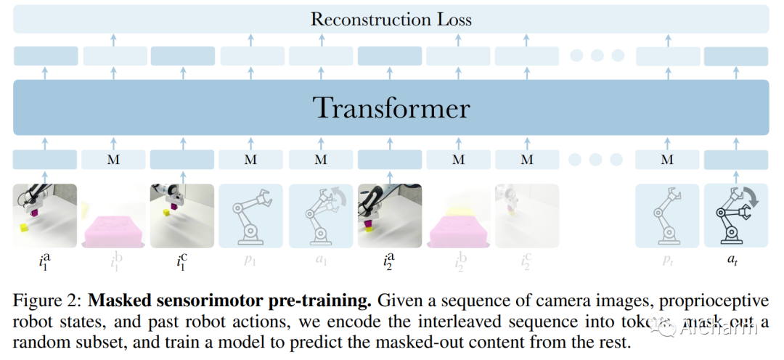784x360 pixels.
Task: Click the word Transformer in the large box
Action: (x=391, y=108)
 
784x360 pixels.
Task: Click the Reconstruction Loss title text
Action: (x=391, y=19)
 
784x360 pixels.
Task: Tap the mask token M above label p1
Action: (x=250, y=160)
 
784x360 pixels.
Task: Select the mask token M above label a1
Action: (x=320, y=160)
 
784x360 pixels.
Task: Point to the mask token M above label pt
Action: (x=666, y=160)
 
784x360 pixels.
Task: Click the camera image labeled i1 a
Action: (x=45, y=214)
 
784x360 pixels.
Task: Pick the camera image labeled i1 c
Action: (x=182, y=214)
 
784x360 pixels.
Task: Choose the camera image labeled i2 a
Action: (x=390, y=214)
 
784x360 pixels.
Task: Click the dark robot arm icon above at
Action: (x=736, y=214)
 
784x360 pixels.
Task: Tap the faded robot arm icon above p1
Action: (x=250, y=214)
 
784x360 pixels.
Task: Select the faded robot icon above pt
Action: (x=666, y=214)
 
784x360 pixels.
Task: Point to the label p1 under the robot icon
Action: (x=250, y=260)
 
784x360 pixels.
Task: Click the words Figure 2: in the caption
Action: (x=46, y=299)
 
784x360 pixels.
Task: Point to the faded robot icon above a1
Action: (x=320, y=214)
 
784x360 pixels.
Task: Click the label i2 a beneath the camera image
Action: (x=390, y=260)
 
